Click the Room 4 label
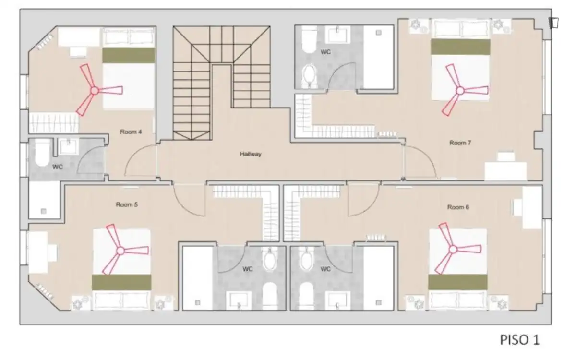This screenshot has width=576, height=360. pos(131,132)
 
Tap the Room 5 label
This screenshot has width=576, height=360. pos(127,204)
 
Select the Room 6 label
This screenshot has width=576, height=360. pos(458,207)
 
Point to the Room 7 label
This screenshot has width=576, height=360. pos(460,143)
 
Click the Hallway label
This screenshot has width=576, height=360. pos(251,154)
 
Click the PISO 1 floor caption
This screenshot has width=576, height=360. pos(519,340)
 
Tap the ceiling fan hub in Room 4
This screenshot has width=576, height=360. pos(95,91)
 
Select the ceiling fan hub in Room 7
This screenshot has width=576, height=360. pos(460,91)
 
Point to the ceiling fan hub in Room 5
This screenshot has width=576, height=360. pos(120,251)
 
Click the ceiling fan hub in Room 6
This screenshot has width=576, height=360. pos(453,250)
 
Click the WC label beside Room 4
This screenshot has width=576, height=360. pos(58,167)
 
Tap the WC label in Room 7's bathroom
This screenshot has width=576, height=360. pos(325,52)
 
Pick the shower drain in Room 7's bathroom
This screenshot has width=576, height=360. pos(379,33)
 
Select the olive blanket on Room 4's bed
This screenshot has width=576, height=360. pos(129,55)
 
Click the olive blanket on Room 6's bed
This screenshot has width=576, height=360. pos(458,282)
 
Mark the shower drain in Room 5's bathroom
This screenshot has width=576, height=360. pos(197,303)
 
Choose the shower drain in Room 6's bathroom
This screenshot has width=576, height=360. pos(378,302)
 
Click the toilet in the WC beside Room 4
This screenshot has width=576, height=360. pos(42,153)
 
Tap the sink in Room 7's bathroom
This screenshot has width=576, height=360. pos(337,35)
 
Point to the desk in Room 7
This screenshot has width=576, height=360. pos(505,171)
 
